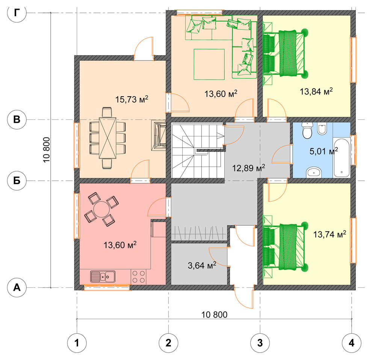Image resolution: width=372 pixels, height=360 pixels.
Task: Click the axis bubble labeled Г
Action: pyautogui.click(x=17, y=13)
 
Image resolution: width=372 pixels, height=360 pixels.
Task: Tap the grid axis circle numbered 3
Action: pyautogui.click(x=260, y=343)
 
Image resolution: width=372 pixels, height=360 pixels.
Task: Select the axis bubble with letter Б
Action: pyautogui.click(x=17, y=181)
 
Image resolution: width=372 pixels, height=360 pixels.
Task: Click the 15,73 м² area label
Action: pyautogui.click(x=132, y=99)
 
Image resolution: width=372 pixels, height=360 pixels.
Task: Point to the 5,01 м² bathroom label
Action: pyautogui.click(x=324, y=151)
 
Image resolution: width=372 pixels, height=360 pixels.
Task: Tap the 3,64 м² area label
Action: pyautogui.click(x=202, y=265)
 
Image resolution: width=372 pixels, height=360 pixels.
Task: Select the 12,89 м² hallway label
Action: pyautogui.click(x=248, y=168)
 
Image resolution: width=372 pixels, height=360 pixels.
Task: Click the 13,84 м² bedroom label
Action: pyautogui.click(x=316, y=91)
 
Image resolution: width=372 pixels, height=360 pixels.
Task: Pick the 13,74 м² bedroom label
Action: pyautogui.click(x=330, y=234)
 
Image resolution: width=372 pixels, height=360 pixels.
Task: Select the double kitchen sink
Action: pyautogui.click(x=103, y=277)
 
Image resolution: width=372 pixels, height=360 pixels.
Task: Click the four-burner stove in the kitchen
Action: pyautogui.click(x=139, y=277)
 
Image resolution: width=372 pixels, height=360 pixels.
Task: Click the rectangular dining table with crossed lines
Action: pyautogui.click(x=108, y=138)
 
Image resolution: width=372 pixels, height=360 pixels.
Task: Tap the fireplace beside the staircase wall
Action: pyautogui.click(x=159, y=135)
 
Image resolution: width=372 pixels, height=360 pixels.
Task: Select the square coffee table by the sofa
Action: pyautogui.click(x=209, y=64)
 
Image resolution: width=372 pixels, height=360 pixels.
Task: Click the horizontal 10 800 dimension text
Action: pyautogui.click(x=214, y=315)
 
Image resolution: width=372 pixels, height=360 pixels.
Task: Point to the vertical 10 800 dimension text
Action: pyautogui.click(x=47, y=150)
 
